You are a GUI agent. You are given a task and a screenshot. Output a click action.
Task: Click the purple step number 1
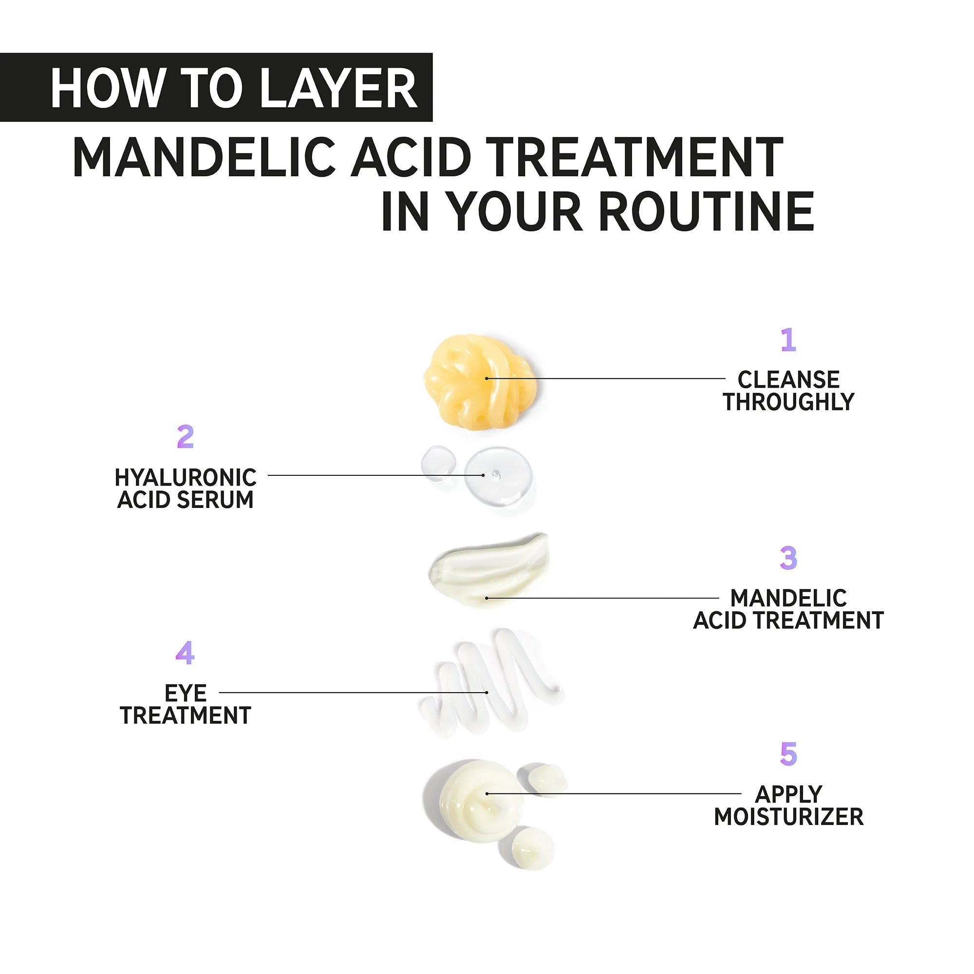[788, 340]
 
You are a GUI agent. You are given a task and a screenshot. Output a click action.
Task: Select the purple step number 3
[788, 558]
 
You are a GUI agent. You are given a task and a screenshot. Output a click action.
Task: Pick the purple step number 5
[788, 754]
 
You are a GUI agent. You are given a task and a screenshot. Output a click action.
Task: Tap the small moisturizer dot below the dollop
[532, 848]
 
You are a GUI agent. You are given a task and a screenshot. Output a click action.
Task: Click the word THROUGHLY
[788, 402]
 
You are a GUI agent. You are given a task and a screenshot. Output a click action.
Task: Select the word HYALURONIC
[186, 477]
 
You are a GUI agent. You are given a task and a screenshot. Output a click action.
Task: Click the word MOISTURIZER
[788, 817]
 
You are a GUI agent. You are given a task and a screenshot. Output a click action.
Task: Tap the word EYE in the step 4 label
[186, 693]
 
